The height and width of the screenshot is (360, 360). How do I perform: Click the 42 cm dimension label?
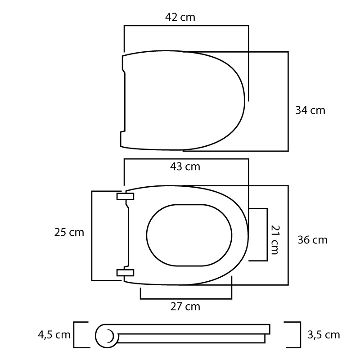pyautogui.click(x=180, y=17)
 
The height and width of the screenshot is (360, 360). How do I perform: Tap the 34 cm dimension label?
pyautogui.click(x=310, y=110)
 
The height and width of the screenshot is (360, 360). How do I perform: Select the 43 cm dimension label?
pyautogui.click(x=185, y=166)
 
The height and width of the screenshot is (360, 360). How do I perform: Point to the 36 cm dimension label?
pyautogui.click(x=312, y=240)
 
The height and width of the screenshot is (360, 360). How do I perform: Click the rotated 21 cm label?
pyautogui.click(x=275, y=240)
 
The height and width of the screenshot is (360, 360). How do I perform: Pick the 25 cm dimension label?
pyautogui.click(x=69, y=232)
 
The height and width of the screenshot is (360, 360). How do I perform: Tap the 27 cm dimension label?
pyautogui.click(x=185, y=306)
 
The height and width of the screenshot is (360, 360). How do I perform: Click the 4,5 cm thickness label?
pyautogui.click(x=54, y=335)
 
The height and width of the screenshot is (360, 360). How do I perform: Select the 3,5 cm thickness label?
pyautogui.click(x=324, y=335)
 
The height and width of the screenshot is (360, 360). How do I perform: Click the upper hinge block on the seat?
pyautogui.click(x=126, y=197)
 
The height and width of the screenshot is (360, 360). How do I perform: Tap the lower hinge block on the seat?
pyautogui.click(x=126, y=273)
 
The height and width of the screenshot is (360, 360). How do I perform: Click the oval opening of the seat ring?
pyautogui.click(x=189, y=235)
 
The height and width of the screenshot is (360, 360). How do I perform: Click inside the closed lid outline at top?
pyautogui.click(x=183, y=100)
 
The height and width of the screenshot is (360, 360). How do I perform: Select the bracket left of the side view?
pyautogui.click(x=81, y=335)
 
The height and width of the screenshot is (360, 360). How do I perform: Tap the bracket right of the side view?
pyautogui.click(x=293, y=335)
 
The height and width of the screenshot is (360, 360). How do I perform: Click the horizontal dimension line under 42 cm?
pyautogui.click(x=186, y=26)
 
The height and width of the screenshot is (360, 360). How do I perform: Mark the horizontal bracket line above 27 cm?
pyautogui.click(x=186, y=299)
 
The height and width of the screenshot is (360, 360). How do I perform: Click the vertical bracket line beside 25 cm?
pyautogui.click(x=92, y=236)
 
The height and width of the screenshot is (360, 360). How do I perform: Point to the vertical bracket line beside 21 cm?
pyautogui.click(x=267, y=234)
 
